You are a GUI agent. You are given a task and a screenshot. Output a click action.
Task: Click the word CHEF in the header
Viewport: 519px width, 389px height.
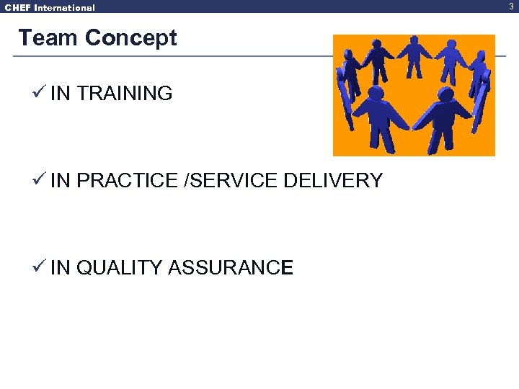(x=18, y=8)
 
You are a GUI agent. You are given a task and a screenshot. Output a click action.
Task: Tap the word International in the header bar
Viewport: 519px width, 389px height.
(x=65, y=8)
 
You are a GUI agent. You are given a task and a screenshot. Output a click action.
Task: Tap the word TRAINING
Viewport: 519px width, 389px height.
(x=124, y=94)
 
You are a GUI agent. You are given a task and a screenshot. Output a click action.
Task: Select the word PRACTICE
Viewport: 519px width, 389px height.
(x=127, y=181)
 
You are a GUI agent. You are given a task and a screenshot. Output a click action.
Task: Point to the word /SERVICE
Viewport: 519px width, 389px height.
(x=231, y=181)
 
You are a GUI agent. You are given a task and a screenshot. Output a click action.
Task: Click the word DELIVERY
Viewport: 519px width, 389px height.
(x=333, y=181)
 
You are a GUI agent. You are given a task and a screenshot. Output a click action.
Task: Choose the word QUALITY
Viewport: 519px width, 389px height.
(x=119, y=268)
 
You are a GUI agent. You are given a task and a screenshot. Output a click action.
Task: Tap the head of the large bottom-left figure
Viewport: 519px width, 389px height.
(x=374, y=93)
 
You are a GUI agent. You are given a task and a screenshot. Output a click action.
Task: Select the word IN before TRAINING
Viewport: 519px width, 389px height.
(x=61, y=94)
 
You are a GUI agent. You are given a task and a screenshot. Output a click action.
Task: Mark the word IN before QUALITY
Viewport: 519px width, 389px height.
(x=61, y=268)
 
